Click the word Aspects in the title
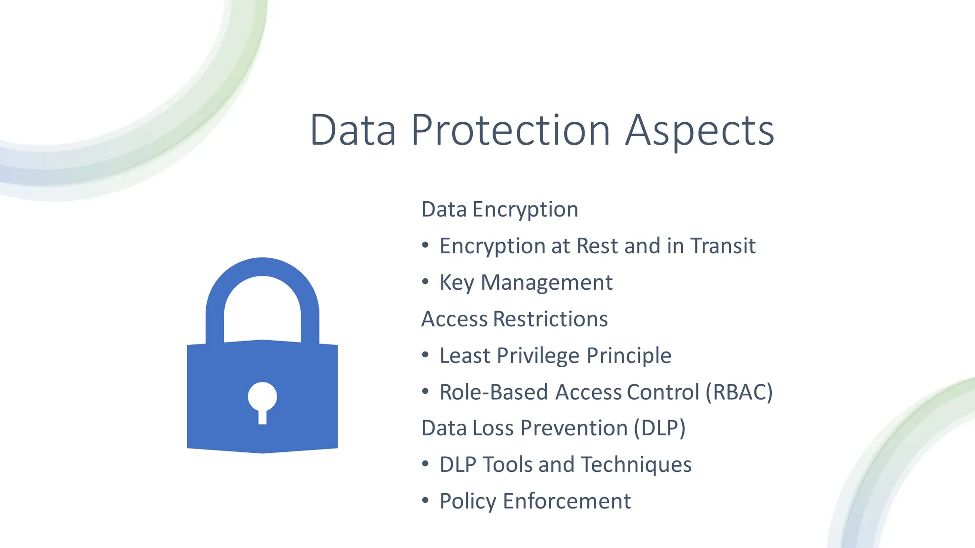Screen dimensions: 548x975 click(x=699, y=130)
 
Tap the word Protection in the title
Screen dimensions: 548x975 click(x=510, y=130)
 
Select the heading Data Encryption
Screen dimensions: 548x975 click(x=499, y=210)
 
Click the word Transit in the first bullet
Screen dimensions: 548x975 click(x=723, y=246)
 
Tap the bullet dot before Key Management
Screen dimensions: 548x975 click(x=426, y=282)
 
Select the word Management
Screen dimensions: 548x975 click(x=547, y=283)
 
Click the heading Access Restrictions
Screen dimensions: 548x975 click(x=514, y=319)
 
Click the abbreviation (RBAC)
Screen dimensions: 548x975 click(x=739, y=392)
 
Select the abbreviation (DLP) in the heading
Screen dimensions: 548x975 click(x=659, y=428)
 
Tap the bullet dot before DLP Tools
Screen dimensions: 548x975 click(x=426, y=464)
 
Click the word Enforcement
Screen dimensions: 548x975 click(x=567, y=501)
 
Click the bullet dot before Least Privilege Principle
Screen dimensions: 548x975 click(x=426, y=355)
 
